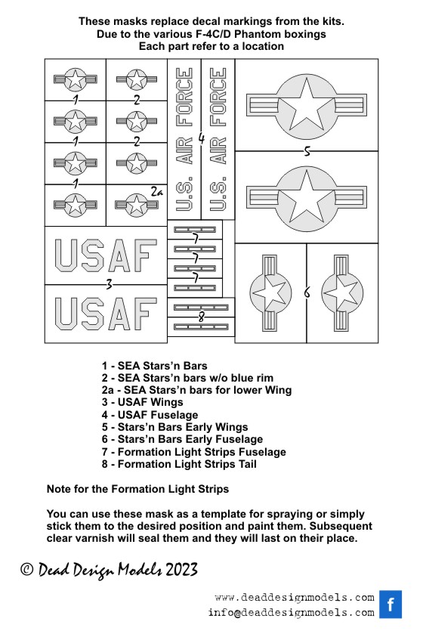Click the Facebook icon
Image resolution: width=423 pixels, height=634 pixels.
[x=391, y=604]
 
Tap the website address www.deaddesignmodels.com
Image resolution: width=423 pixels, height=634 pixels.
[x=295, y=597]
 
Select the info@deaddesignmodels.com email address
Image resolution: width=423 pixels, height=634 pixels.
[x=292, y=613]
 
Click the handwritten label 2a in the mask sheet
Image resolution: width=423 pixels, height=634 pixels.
[x=157, y=192]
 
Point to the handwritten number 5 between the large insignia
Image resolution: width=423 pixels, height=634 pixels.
[x=307, y=152]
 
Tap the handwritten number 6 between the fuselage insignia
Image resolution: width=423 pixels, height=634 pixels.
[x=307, y=292]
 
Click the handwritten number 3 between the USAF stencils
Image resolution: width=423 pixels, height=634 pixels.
[x=109, y=285]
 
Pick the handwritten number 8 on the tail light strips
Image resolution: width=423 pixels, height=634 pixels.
[x=201, y=317]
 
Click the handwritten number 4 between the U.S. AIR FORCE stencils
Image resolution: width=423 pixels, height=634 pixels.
[x=201, y=139]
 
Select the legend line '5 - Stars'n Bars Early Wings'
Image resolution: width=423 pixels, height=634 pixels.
[x=174, y=427]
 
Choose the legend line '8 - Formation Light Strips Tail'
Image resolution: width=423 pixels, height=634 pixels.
[x=179, y=464]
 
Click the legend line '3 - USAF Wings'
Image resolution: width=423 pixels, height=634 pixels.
[x=142, y=402]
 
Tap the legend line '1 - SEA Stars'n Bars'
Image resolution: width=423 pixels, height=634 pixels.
[x=154, y=366]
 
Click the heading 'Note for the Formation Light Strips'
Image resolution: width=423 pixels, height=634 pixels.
[x=137, y=489]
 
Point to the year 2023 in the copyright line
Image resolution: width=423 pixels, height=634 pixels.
[x=181, y=570]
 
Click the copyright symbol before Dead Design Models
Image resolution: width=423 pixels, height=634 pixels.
[x=27, y=569]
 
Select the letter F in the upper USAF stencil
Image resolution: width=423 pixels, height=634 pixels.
[x=144, y=255]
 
